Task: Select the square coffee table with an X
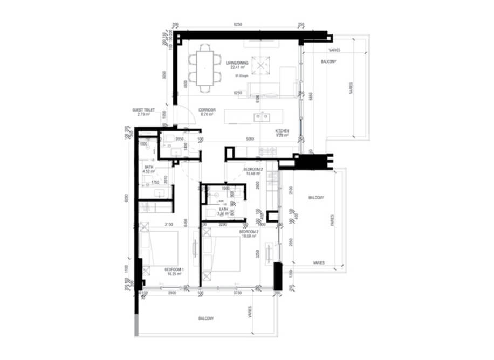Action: (x=261, y=65)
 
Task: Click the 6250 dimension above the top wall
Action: (x=237, y=25)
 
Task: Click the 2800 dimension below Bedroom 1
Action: (x=171, y=292)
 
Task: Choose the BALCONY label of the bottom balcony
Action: (x=205, y=319)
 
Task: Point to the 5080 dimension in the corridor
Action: (x=250, y=139)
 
